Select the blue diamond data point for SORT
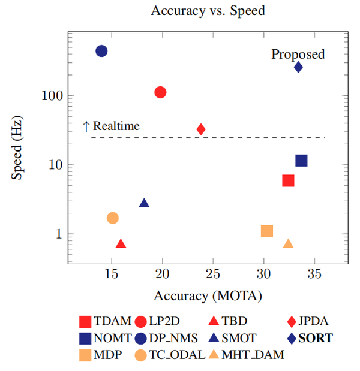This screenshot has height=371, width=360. click(298, 67)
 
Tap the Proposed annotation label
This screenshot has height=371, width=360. click(298, 54)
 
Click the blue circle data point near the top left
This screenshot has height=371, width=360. click(101, 51)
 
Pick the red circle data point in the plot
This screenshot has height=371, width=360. click(160, 92)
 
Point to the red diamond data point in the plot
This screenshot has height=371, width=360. click(201, 129)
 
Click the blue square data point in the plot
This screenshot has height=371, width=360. click(301, 161)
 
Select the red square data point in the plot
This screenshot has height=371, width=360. click(288, 180)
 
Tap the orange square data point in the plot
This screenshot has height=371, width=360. click(267, 231)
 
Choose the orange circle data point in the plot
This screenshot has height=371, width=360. click(112, 218)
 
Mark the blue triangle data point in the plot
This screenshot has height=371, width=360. click(144, 203)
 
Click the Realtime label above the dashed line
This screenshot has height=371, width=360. click(116, 126)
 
